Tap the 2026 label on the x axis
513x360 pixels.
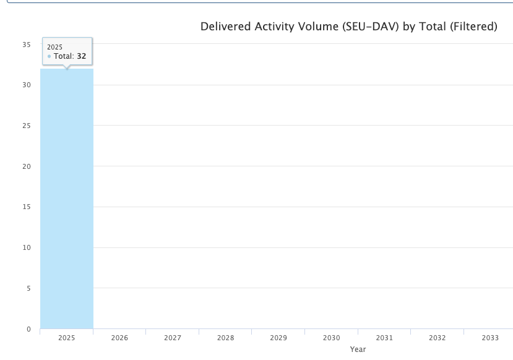tap(119, 338)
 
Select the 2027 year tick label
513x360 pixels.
tap(173, 338)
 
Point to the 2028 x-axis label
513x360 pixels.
tap(225, 338)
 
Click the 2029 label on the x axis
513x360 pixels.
tap(278, 338)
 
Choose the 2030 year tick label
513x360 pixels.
tap(332, 338)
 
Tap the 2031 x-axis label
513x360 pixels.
tap(384, 338)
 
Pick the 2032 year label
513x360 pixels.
tap(438, 338)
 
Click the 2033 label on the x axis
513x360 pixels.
tap(490, 338)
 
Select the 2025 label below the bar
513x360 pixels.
tap(66, 338)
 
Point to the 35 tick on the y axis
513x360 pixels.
tap(27, 45)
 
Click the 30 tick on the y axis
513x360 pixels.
tap(27, 85)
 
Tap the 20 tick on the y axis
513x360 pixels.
tap(27, 166)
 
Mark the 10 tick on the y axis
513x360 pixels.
tap(27, 247)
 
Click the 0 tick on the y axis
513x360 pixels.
tap(28, 329)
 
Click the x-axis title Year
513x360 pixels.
tap(358, 349)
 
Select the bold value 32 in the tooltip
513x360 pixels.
tap(81, 56)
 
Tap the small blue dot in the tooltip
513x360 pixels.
tap(49, 56)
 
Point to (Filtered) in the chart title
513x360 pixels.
tap(473, 27)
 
